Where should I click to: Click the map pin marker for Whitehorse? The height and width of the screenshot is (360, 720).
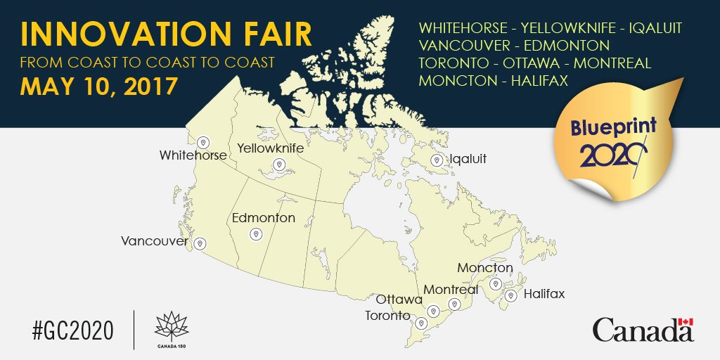[203, 141]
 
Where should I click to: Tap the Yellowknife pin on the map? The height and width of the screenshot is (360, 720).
[279, 165]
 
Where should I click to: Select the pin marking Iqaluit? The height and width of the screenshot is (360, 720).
[437, 160]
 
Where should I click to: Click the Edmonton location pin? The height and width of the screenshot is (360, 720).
[255, 236]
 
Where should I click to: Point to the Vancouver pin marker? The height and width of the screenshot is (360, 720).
[200, 244]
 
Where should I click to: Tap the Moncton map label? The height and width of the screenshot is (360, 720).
[485, 268]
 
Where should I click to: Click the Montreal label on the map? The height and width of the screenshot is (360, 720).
[450, 290]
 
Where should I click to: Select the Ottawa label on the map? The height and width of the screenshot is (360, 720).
[399, 300]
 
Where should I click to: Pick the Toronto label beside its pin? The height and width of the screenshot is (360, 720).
[387, 316]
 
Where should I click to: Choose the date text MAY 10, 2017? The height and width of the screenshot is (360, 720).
[98, 87]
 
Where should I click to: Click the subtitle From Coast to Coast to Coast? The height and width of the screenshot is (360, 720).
[148, 62]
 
